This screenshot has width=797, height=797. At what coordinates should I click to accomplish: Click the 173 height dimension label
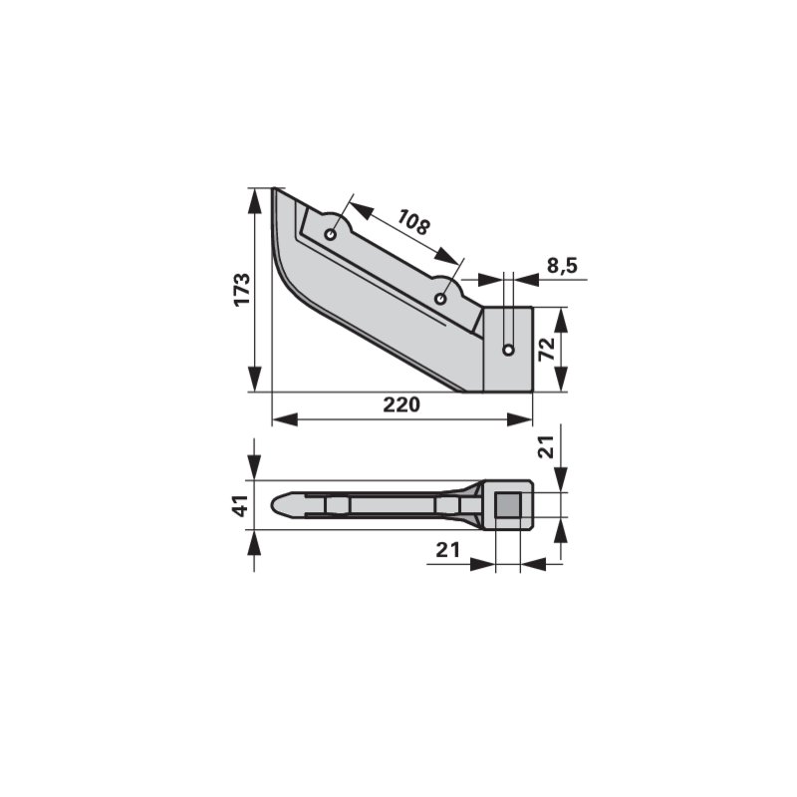pos(242,289)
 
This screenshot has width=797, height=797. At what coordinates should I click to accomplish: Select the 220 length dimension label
pos(401,404)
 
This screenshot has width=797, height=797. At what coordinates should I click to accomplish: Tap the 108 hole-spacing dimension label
pos(413,222)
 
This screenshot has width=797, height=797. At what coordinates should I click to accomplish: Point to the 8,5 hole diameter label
pos(562,265)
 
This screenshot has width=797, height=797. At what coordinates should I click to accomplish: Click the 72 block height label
pos(546,350)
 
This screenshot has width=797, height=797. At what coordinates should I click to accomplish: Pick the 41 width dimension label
pos(242,505)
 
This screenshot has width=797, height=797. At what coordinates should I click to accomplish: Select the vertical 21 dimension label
pos(546,446)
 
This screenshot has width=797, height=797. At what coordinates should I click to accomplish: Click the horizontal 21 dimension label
pos(447,550)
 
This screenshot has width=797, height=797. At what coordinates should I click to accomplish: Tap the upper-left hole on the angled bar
pos(331,235)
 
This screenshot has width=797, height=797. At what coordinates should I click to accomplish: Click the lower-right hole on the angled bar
pos(440,298)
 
